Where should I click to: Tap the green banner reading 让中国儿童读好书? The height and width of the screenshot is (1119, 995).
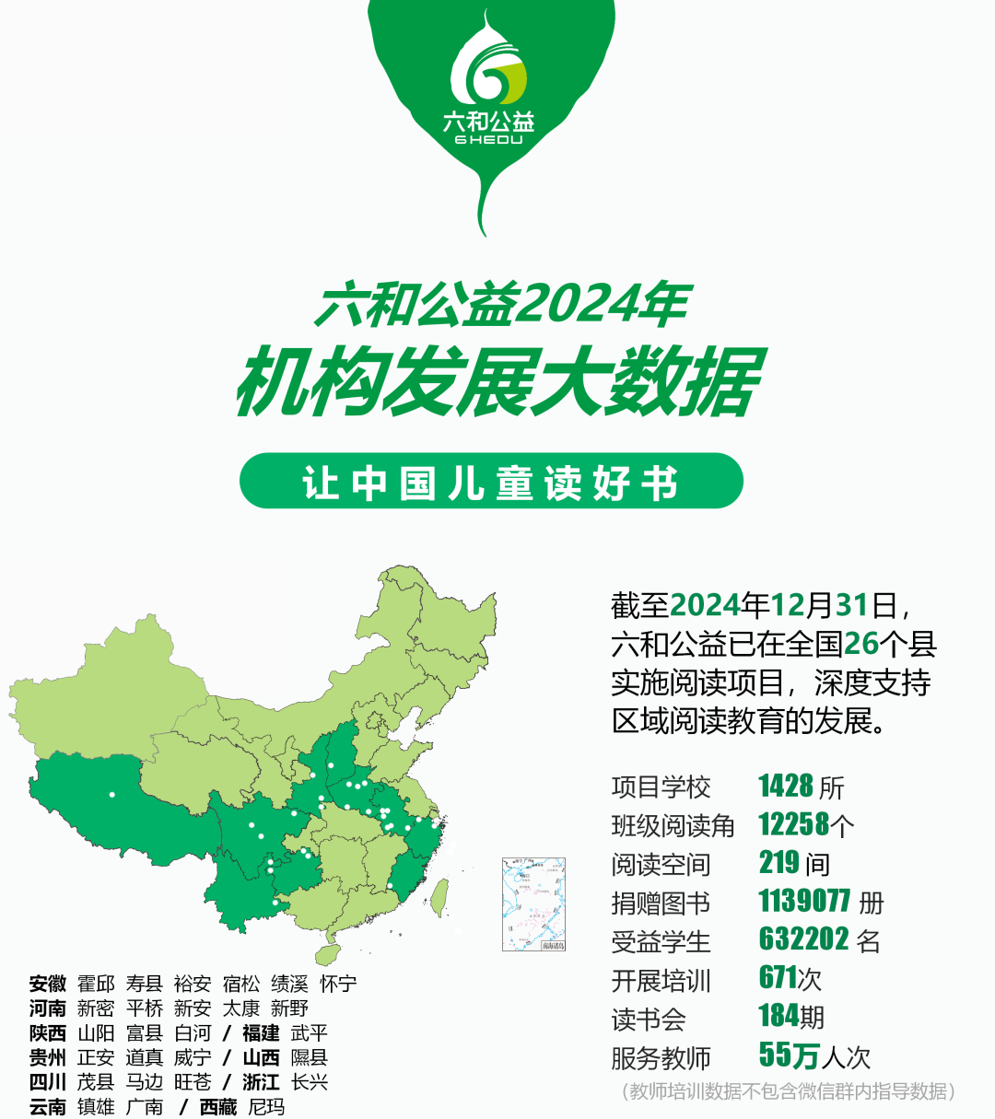coord(491,481)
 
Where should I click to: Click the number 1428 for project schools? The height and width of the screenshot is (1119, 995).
coord(786,787)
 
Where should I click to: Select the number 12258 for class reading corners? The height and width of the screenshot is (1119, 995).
coord(793,825)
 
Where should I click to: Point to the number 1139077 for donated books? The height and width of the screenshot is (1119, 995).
coord(804,901)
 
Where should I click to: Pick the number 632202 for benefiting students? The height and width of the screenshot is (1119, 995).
coord(804,939)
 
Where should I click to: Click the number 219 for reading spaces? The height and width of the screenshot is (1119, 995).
coord(778,863)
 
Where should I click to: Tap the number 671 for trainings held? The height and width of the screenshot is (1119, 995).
coord(778,977)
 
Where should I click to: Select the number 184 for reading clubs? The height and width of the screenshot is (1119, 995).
coord(778,1016)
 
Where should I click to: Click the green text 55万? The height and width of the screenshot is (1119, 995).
coord(789,1055)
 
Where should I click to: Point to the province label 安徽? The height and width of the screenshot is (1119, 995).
coord(48,985)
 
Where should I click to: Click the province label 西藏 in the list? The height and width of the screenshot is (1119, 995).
coord(218,1107)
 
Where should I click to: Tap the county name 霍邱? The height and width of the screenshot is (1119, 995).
coord(96,985)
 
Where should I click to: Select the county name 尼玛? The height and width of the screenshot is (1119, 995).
coord(267,1107)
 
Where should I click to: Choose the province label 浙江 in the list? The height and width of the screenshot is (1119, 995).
coord(261,1082)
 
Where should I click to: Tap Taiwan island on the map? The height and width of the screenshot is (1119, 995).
coord(440,892)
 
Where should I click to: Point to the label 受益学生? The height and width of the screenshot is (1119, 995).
coord(661,941)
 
